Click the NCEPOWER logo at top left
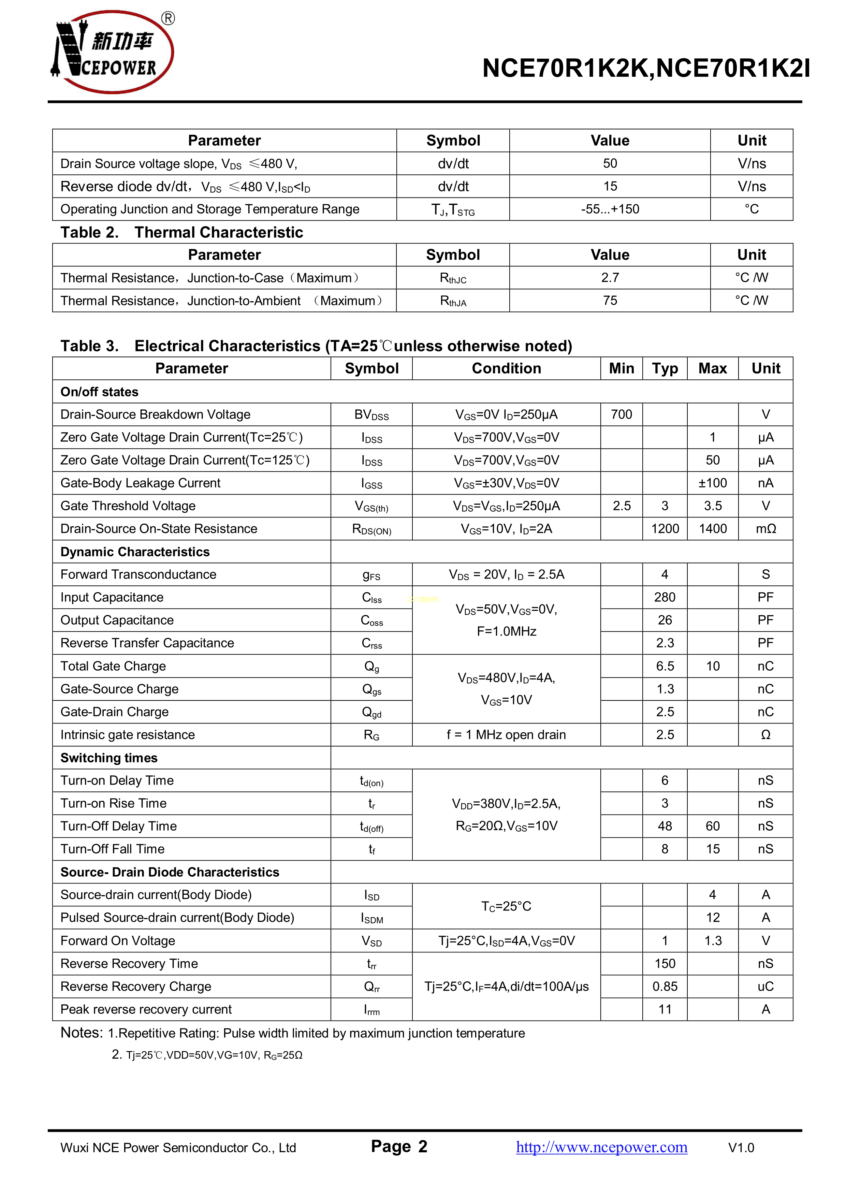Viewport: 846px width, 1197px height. pyautogui.click(x=112, y=52)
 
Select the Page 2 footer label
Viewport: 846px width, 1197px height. pyautogui.click(x=399, y=1147)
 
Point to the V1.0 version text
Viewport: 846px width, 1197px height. pyautogui.click(x=741, y=1148)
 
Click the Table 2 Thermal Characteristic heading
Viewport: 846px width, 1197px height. pyautogui.click(x=181, y=233)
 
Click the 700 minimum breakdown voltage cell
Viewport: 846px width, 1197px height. pyautogui.click(x=621, y=414)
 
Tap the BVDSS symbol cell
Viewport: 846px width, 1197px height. pyautogui.click(x=371, y=415)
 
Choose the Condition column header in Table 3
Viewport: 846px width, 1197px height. pyautogui.click(x=506, y=369)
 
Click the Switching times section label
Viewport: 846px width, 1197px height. pyautogui.click(x=109, y=758)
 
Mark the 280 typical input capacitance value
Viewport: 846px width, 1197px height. pyautogui.click(x=665, y=597)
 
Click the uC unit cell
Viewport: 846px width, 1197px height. pyautogui.click(x=765, y=987)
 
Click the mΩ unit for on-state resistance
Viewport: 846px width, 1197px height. pyautogui.click(x=765, y=529)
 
